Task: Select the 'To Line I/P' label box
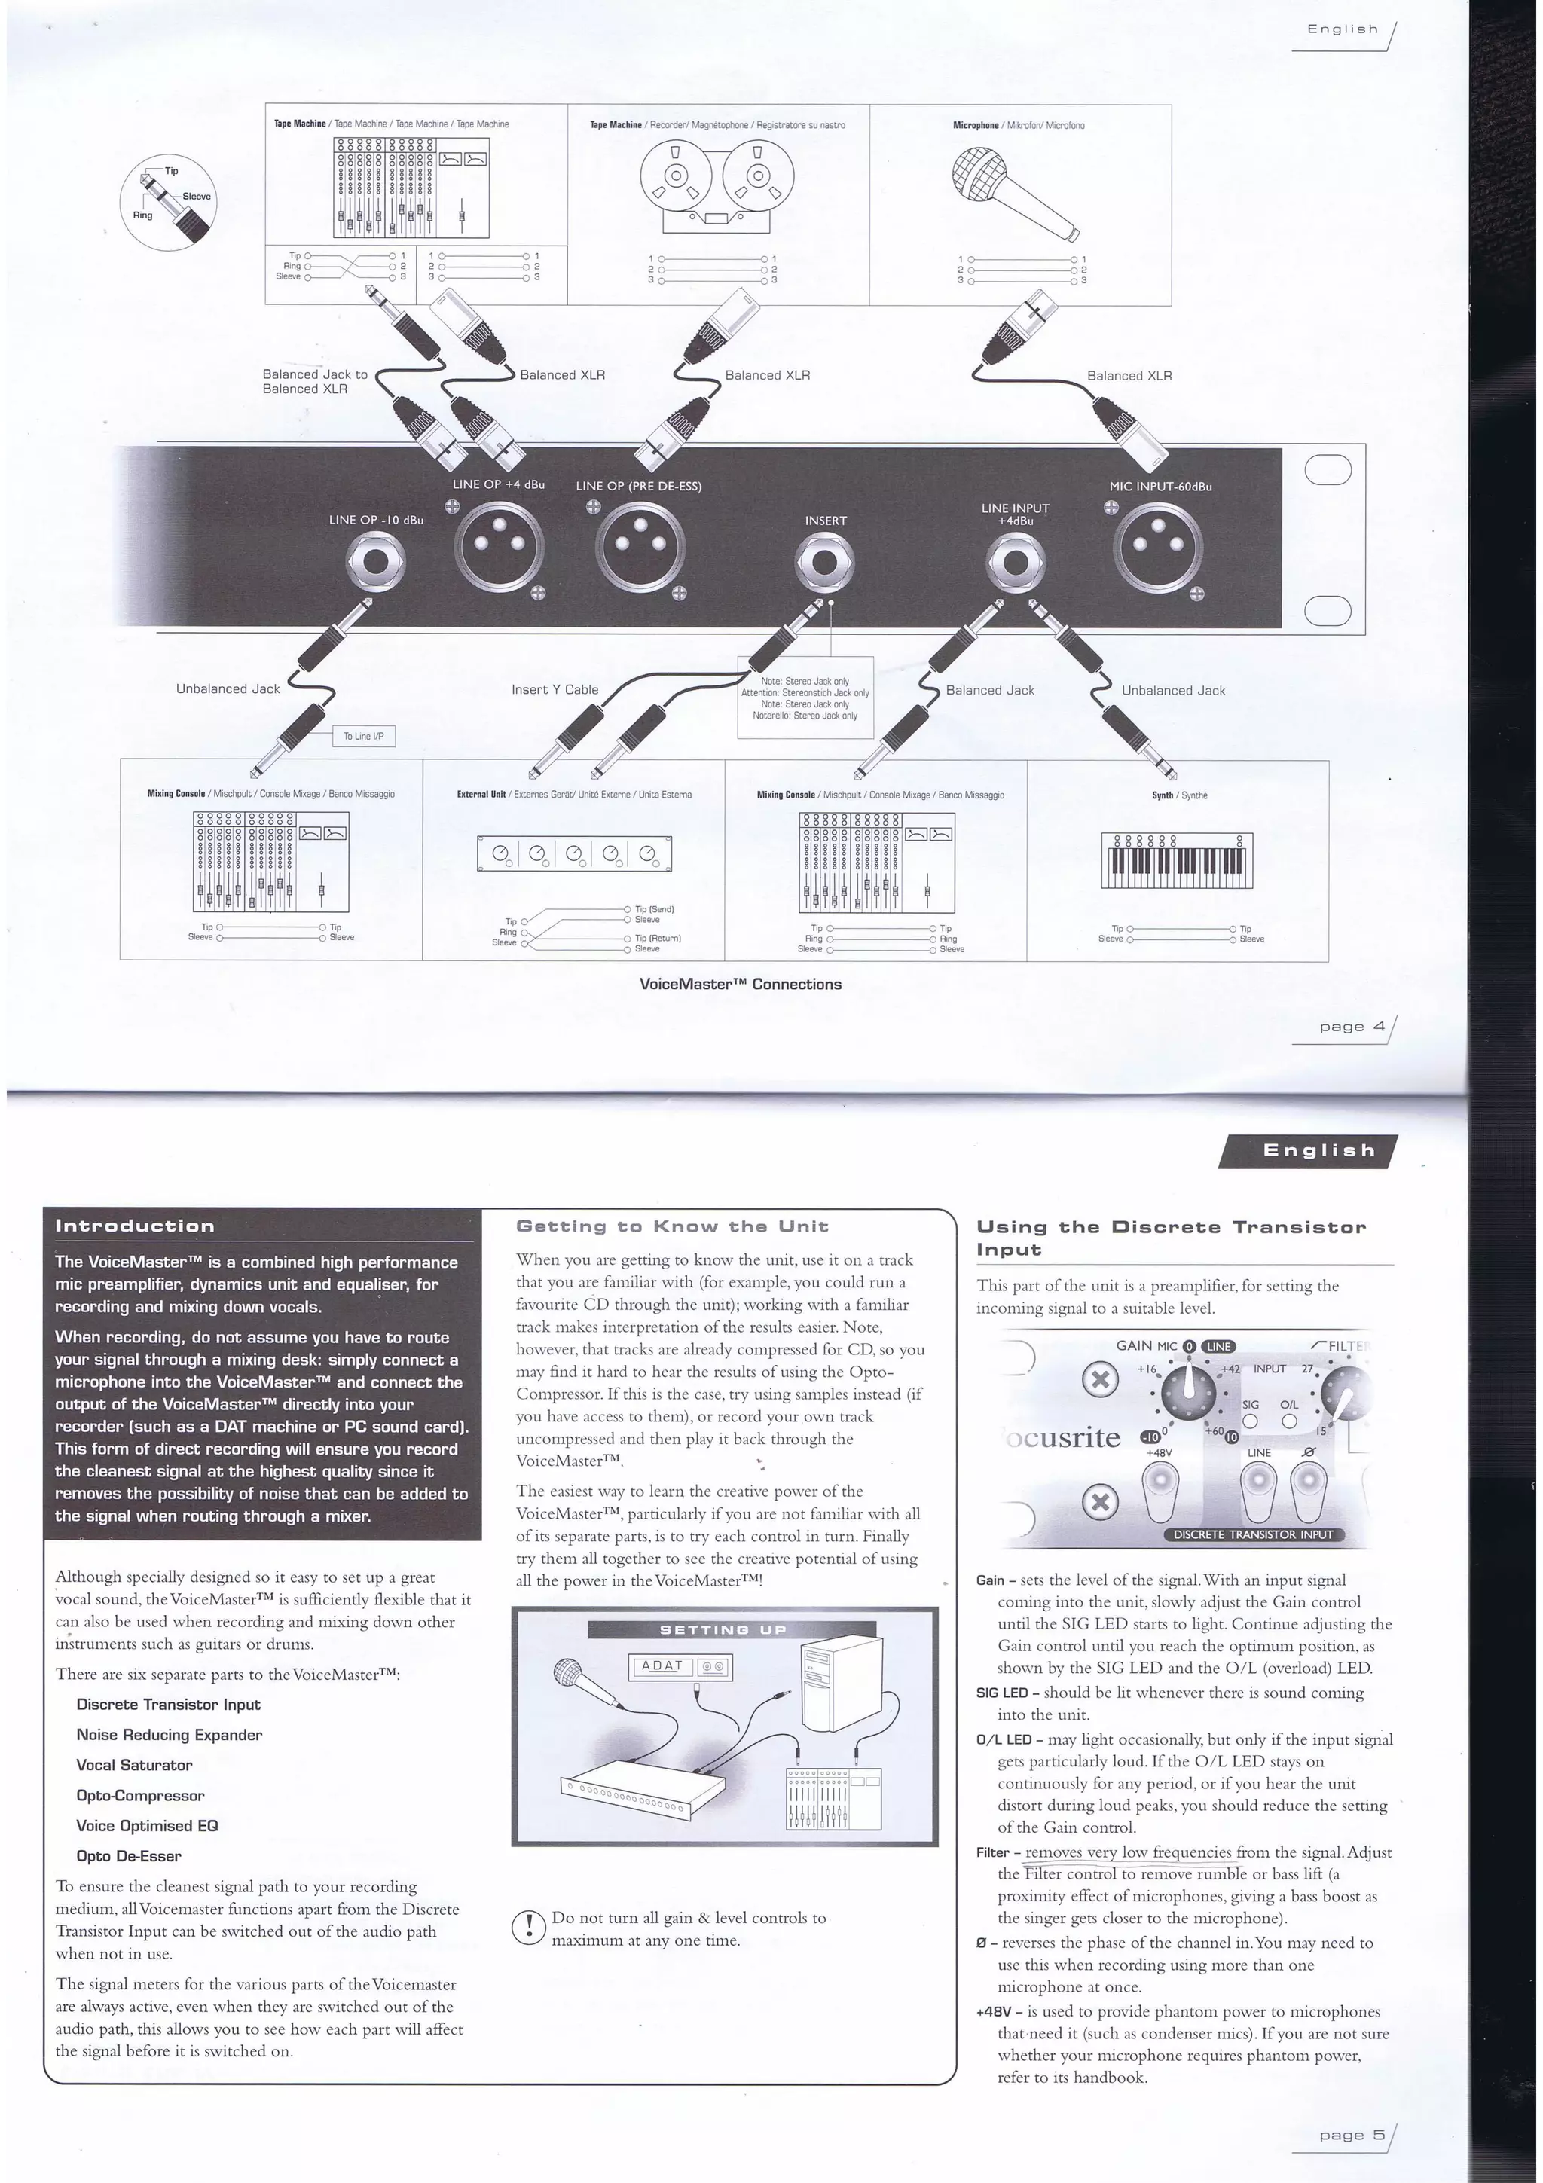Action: [363, 736]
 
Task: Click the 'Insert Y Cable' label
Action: [555, 689]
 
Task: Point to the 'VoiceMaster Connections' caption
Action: [740, 984]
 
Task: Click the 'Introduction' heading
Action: [134, 1226]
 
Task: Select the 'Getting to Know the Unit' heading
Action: [671, 1226]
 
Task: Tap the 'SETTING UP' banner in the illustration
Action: [723, 1629]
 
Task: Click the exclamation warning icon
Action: [527, 1927]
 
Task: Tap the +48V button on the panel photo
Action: [1160, 1487]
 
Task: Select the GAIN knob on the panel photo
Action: [1187, 1393]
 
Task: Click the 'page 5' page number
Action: [1351, 2135]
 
